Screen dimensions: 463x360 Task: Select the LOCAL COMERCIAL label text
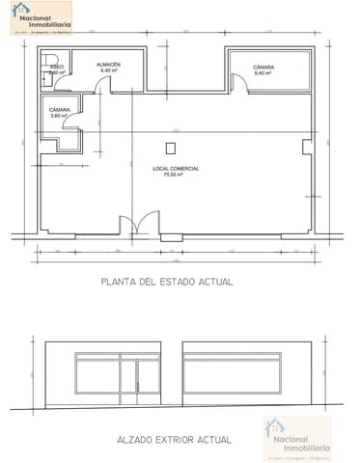[x=176, y=169]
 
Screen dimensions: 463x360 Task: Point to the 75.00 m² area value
[x=175, y=175]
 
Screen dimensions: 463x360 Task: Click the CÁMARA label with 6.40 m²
[x=263, y=68]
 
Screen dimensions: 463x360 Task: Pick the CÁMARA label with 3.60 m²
[x=59, y=110]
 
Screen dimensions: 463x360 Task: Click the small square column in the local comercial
[x=171, y=149]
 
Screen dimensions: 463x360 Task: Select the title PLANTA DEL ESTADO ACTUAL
[x=168, y=283]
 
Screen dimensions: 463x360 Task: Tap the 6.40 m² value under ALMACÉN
[x=109, y=71]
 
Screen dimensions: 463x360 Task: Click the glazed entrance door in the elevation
[x=148, y=381]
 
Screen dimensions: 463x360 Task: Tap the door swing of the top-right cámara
[x=242, y=85]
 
